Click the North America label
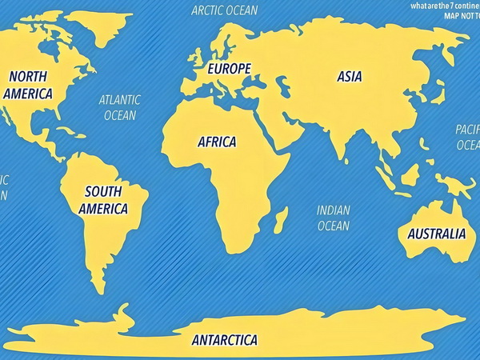(28, 85)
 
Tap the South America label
(103, 200)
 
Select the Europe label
(229, 69)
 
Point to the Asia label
(349, 77)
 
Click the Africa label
(217, 142)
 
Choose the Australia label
(436, 234)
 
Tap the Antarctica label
(225, 340)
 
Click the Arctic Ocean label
(225, 10)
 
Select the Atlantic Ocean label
(120, 107)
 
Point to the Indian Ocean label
(334, 218)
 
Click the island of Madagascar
(281, 218)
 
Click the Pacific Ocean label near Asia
(467, 137)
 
